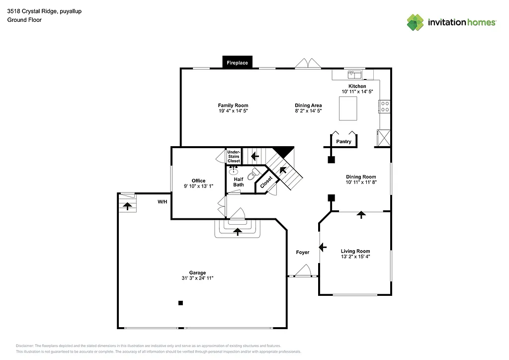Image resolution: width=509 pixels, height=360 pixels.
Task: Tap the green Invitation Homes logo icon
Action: (415, 22)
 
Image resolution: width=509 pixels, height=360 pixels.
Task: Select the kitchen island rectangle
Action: (348, 108)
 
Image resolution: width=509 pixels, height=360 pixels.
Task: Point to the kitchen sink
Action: (355, 75)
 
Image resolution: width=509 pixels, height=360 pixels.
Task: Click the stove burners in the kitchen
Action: (385, 106)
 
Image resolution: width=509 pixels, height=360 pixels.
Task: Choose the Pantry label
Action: (343, 142)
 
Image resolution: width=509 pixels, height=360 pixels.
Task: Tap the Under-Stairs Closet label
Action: (234, 157)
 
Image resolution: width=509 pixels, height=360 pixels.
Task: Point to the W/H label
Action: (162, 202)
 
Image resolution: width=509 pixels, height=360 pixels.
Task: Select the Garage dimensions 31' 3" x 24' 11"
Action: (197, 278)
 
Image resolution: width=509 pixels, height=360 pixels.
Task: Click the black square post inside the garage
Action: (181, 303)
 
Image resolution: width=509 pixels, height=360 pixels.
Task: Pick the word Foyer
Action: (303, 252)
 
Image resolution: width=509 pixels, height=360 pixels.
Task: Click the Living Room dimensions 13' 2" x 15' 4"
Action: (355, 257)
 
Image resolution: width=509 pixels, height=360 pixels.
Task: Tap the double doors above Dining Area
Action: (308, 64)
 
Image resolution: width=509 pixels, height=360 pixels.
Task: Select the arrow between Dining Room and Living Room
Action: (361, 215)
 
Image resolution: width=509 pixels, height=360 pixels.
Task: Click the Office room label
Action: (198, 181)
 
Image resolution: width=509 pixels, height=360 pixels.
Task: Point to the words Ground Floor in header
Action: (24, 20)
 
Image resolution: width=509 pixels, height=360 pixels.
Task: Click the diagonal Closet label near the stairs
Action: (266, 182)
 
